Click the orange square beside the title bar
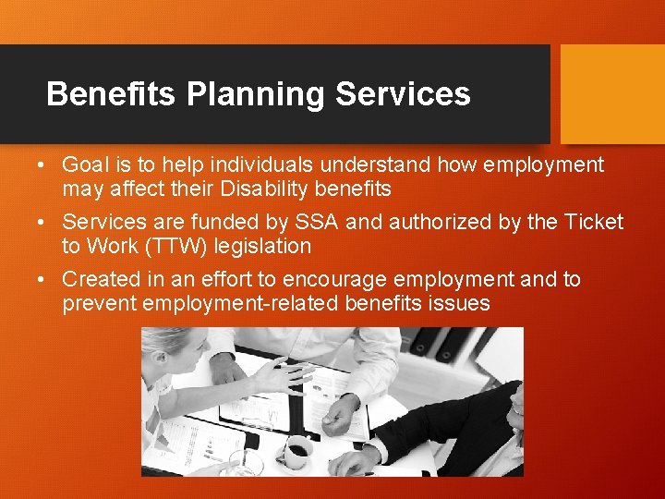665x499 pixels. [612, 94]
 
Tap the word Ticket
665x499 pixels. [593, 223]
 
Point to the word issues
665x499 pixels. [461, 303]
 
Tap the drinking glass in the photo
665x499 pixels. [246, 459]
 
